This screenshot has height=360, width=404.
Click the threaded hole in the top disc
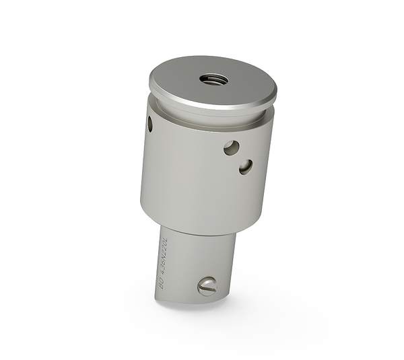pos(213,79)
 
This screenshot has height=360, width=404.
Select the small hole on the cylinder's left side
pos(149,124)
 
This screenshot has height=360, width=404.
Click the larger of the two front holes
pos(231,147)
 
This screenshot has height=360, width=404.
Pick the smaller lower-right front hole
pos(246,166)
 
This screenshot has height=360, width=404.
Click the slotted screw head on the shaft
pos(207,287)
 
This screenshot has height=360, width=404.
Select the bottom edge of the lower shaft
pos(192,301)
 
